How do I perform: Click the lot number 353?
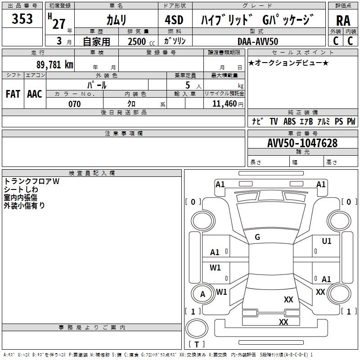pyautogui.click(x=22, y=18)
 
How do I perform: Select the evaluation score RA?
pyautogui.click(x=343, y=21)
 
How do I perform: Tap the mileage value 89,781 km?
pyautogui.click(x=54, y=65)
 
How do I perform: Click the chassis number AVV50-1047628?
pyautogui.click(x=302, y=143)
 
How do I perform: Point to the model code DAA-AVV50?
pyautogui.click(x=258, y=41)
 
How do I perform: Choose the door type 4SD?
pyautogui.click(x=174, y=20)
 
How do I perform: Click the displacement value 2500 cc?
pyautogui.click(x=141, y=41)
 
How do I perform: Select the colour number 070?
pyautogui.click(x=75, y=104)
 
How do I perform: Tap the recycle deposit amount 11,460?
pyautogui.click(x=224, y=104)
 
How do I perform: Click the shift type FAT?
pyautogui.click(x=13, y=94)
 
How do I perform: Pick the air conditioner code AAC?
pyautogui.click(x=35, y=94)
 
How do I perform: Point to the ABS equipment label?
pyautogui.click(x=289, y=121)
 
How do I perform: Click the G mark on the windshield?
pyautogui.click(x=257, y=237)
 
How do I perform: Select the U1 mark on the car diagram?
pyautogui.click(x=327, y=241)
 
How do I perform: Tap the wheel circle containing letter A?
pyautogui.click(x=202, y=294)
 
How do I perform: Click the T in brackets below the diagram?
pyautogui.click(x=197, y=344)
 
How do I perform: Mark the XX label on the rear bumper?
pyautogui.click(x=283, y=322)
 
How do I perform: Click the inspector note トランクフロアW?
pyautogui.click(x=31, y=181)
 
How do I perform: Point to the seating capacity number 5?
pyautogui.click(x=188, y=85)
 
